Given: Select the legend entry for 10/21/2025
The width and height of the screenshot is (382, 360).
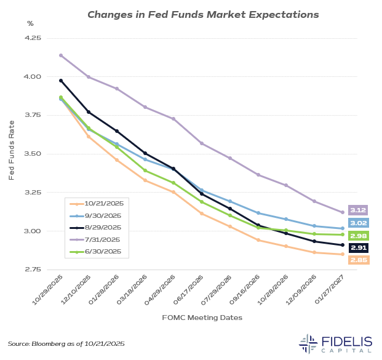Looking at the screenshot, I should (103, 204).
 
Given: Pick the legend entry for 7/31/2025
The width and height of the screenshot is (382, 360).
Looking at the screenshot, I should (103, 239).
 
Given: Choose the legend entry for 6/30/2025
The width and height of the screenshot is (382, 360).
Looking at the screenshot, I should (103, 251).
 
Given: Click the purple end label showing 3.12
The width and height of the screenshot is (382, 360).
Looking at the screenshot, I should (358, 210).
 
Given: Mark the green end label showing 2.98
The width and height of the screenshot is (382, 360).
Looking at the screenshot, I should (358, 236).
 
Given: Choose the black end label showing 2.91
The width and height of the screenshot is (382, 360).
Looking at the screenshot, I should (358, 247).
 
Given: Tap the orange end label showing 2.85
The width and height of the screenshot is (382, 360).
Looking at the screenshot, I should (358, 260).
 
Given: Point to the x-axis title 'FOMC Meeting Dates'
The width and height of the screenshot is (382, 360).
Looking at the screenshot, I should (202, 318).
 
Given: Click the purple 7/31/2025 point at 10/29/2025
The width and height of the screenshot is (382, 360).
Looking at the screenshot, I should (61, 55).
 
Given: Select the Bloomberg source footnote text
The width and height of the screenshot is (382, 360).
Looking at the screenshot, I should (66, 343).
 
